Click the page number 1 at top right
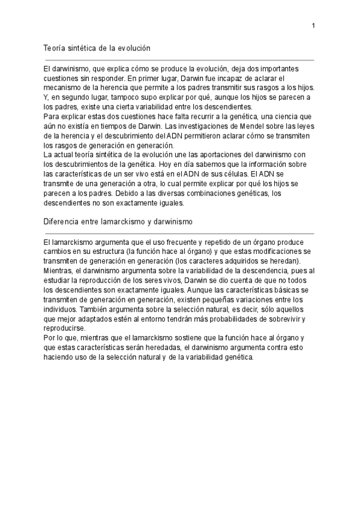tap(313, 25)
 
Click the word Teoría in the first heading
tap(55, 47)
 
